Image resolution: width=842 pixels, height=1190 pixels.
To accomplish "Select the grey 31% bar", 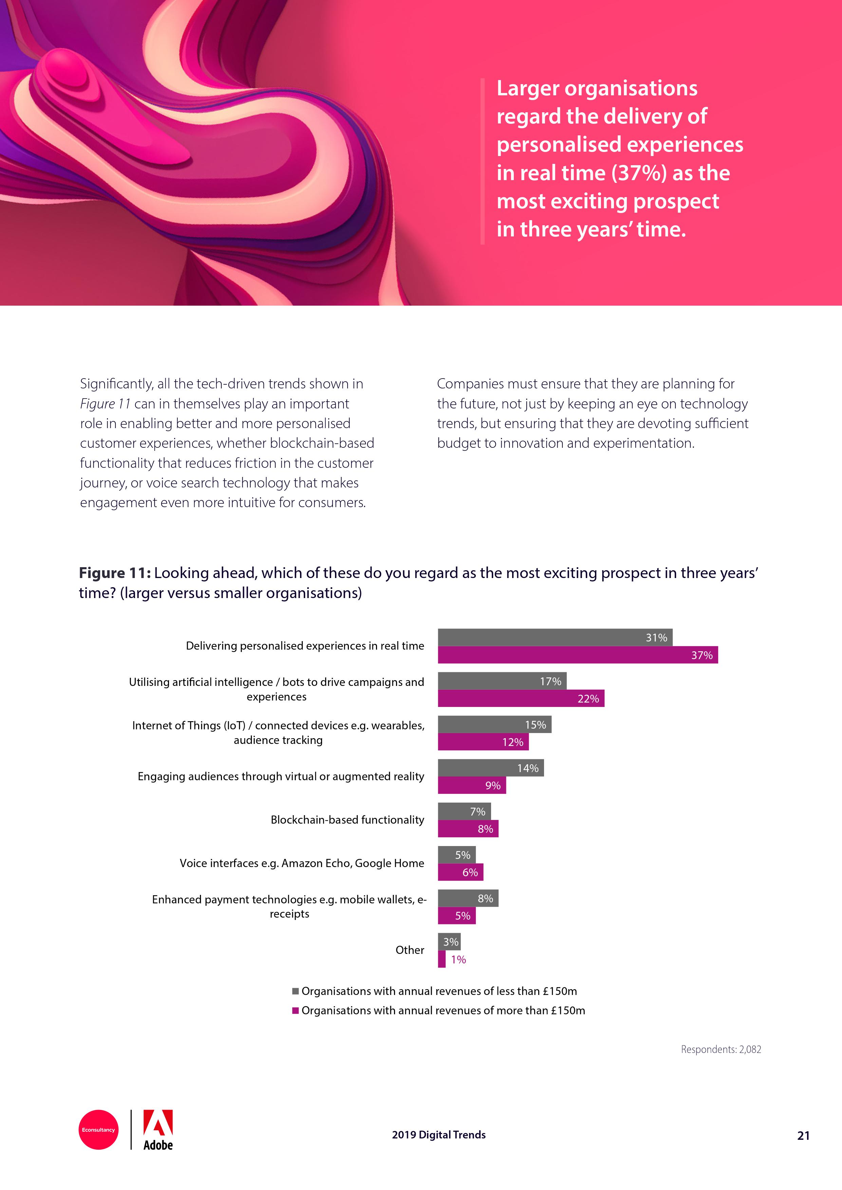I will pyautogui.click(x=555, y=637).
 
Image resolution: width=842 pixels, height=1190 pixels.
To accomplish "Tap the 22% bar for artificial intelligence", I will pyautogui.click(x=521, y=699).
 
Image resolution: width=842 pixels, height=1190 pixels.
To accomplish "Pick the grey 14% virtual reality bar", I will pyautogui.click(x=490, y=768).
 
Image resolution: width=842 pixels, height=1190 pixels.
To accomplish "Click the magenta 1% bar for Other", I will pyautogui.click(x=442, y=959).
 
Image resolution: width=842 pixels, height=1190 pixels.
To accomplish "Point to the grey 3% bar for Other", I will pyautogui.click(x=449, y=942).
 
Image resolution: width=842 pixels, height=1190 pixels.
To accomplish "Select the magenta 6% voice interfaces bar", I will pyautogui.click(x=461, y=872).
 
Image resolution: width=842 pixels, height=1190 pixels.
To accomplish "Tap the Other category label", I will pyautogui.click(x=410, y=950).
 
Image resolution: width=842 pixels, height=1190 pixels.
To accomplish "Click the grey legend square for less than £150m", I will pyautogui.click(x=296, y=991).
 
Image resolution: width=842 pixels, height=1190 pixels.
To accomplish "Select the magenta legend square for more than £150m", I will pyautogui.click(x=296, y=1010).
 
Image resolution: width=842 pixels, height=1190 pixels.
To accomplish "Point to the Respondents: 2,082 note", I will pyautogui.click(x=721, y=1050).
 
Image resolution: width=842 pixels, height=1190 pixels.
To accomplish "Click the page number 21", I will pyautogui.click(x=803, y=1136).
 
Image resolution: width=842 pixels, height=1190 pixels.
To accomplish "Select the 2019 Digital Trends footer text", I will pyautogui.click(x=438, y=1135).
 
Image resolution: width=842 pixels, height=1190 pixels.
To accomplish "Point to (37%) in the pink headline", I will pyautogui.click(x=639, y=173).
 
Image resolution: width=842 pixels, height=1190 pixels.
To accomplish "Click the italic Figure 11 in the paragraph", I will pyautogui.click(x=105, y=404).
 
